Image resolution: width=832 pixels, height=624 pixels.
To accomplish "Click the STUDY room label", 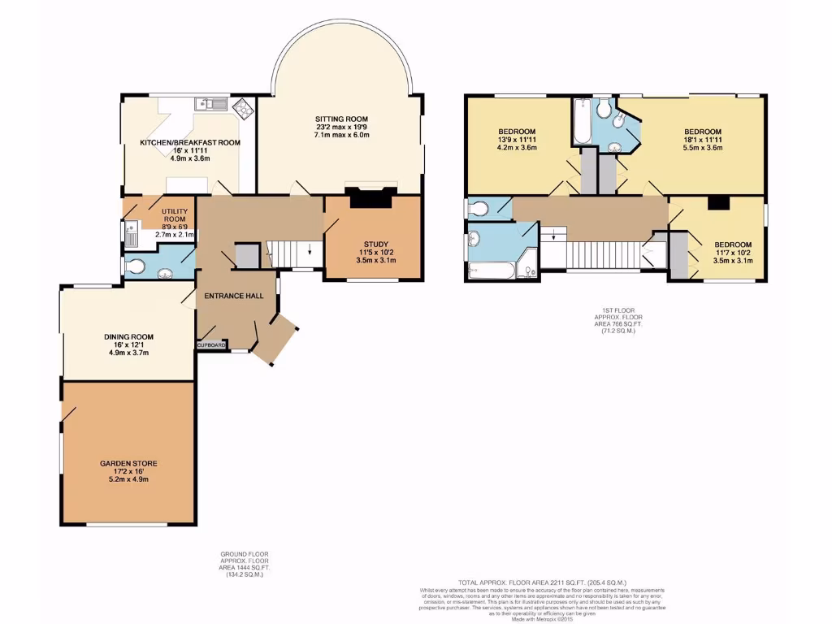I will (x=375, y=244).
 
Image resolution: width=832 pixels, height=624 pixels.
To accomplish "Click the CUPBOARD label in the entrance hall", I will (x=211, y=345).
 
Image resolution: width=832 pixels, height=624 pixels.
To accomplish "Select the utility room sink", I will (x=132, y=234).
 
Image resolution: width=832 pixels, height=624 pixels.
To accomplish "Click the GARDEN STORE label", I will (x=128, y=463).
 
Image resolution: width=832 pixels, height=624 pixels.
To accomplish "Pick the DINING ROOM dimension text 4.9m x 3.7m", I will (x=128, y=353).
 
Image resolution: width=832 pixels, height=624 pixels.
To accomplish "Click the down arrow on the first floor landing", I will (x=554, y=236).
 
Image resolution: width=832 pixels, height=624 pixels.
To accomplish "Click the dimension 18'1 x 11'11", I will (x=703, y=141).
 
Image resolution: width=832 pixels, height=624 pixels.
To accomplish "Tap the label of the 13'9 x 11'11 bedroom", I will (x=516, y=132).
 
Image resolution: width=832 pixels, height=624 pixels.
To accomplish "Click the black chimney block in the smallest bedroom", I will (x=717, y=203).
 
